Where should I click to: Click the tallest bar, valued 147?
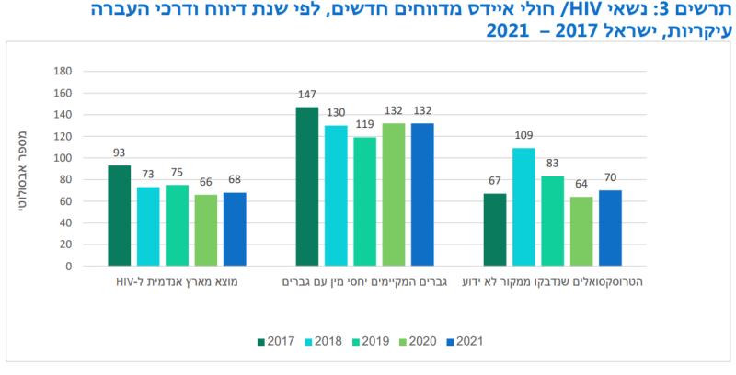click(306, 187)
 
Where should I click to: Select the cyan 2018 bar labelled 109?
click(523, 207)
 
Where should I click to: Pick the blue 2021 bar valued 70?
click(610, 228)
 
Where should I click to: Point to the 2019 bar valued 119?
click(364, 201)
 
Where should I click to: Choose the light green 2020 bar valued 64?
click(581, 232)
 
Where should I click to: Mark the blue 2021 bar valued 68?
click(235, 229)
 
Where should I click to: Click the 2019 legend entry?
click(369, 341)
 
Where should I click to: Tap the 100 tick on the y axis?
click(62, 158)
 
